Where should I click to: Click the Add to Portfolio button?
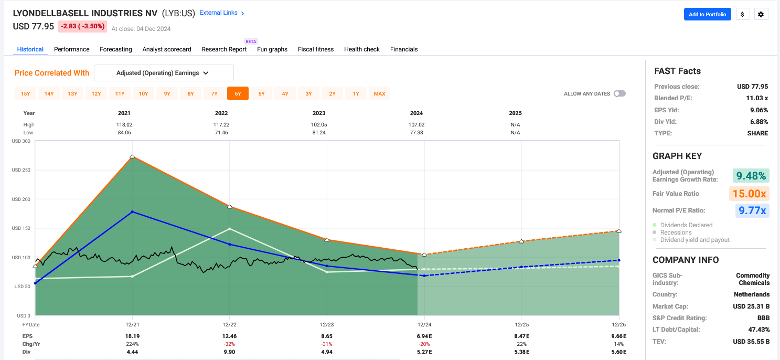pos(707,14)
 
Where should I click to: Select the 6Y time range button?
pos(238,94)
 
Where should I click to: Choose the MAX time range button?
pos(379,94)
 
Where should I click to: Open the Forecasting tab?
pos(116,49)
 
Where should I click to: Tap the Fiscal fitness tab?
pos(316,49)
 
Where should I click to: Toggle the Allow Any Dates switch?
pos(619,94)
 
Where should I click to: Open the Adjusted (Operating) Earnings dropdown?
pos(164,73)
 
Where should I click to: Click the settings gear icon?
pos(761,14)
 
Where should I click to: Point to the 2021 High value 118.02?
pos(124,125)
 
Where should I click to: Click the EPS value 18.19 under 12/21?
pos(132,336)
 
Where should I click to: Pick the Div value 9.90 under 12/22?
pos(229,352)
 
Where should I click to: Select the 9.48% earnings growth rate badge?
pos(751,176)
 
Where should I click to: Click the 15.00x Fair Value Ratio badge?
pos(749,194)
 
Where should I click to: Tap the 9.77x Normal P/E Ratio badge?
pos(751,211)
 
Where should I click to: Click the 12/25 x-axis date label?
pos(521,325)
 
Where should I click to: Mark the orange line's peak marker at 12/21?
pos(132,156)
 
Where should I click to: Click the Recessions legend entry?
pos(676,232)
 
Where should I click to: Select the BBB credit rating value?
pos(763,318)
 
